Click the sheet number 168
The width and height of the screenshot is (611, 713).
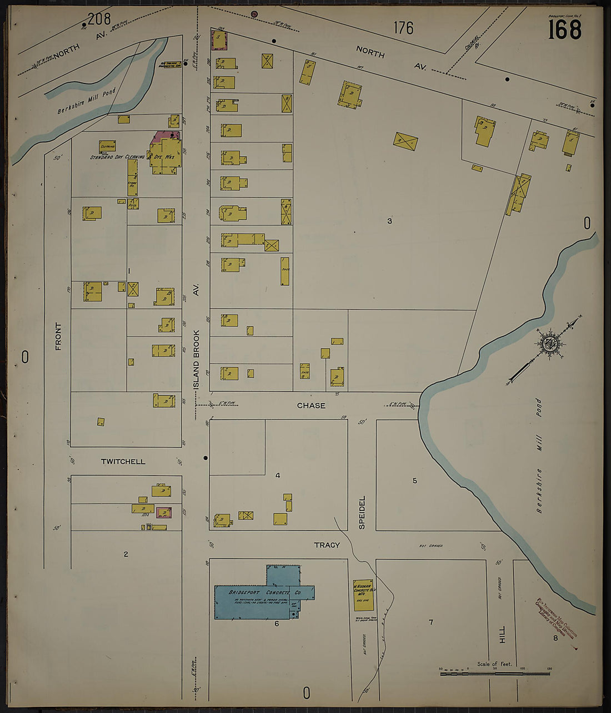tap(564, 29)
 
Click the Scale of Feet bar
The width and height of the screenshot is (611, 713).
tap(494, 674)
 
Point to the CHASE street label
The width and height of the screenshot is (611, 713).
tap(310, 405)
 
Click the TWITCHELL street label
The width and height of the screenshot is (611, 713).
tap(123, 462)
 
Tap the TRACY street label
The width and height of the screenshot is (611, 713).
tap(327, 545)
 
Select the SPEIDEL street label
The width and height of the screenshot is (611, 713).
tap(362, 512)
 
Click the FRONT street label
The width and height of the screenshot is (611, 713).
tap(58, 336)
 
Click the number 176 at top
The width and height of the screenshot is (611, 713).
tap(403, 28)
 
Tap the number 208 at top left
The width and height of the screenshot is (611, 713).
tap(99, 19)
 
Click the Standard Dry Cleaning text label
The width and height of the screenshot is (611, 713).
tap(117, 157)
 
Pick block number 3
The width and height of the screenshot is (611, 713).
tap(389, 221)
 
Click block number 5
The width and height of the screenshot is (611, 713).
tap(414, 481)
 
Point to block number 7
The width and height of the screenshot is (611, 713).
tap(430, 622)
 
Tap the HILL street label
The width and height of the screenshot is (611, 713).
tap(502, 634)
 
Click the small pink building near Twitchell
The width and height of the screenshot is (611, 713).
tap(163, 512)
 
